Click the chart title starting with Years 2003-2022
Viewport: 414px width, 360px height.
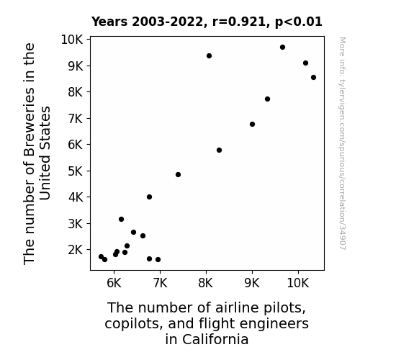point(207,22)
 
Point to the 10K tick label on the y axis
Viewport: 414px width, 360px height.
point(72,40)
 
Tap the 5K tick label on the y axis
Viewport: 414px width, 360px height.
point(76,171)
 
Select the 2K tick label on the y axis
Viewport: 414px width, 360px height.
point(76,250)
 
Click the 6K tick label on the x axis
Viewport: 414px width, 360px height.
point(114,283)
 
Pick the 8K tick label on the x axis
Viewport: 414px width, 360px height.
point(206,283)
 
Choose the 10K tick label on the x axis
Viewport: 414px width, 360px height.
point(298,283)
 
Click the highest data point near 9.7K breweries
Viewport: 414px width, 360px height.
point(282,48)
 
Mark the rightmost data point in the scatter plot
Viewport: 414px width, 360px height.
point(313,77)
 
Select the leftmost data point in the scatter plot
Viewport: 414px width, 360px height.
point(101,257)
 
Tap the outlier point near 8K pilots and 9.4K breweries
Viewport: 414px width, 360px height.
point(209,55)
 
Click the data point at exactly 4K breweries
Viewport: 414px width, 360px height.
point(149,197)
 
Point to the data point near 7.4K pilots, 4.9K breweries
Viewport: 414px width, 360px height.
point(178,174)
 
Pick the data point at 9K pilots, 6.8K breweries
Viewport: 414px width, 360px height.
point(252,124)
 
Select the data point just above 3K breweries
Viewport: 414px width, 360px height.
point(121,219)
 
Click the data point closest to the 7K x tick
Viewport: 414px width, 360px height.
point(158,260)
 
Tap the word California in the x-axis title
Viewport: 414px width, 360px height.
point(215,339)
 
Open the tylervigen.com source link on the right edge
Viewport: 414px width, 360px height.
point(342,143)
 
